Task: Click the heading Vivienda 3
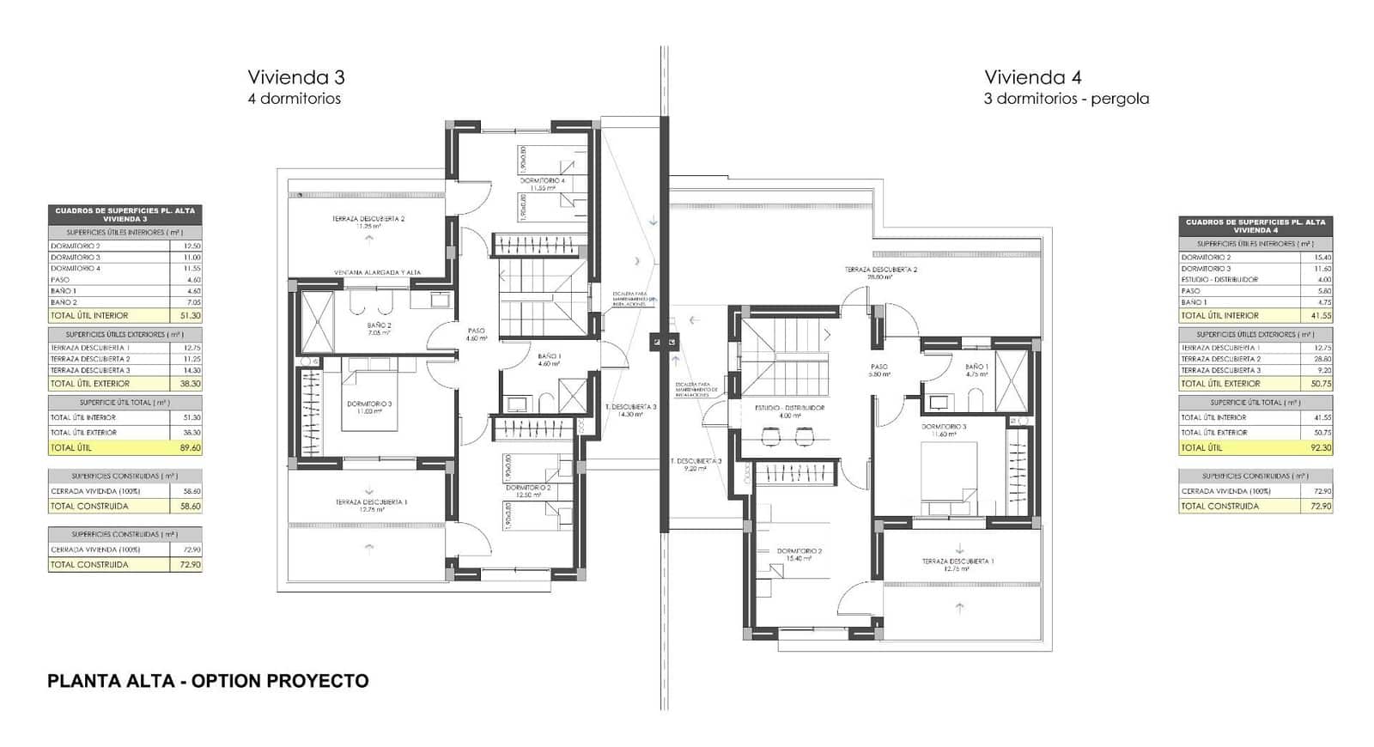coord(296,77)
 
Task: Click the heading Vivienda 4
coord(1032,77)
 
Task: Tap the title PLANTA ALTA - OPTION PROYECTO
coord(208,682)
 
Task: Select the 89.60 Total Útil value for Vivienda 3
coord(191,448)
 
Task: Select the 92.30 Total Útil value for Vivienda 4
coord(1321,448)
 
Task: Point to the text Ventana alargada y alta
coord(378,272)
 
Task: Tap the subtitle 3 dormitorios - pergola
coord(1066,99)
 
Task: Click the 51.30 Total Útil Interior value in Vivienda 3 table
coord(191,315)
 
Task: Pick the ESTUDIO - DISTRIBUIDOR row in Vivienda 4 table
coord(1255,279)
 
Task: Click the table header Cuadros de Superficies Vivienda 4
coord(1255,226)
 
